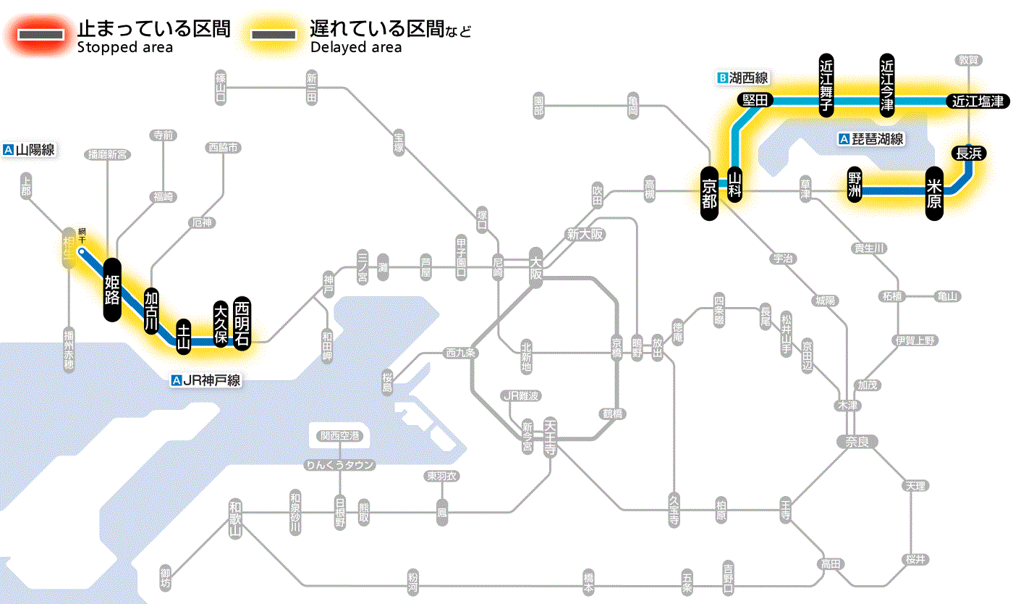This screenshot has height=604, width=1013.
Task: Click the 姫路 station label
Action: point(111,289)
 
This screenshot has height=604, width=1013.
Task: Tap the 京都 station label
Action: point(709,193)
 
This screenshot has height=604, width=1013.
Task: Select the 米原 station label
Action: point(934,193)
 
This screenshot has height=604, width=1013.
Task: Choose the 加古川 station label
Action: point(151,311)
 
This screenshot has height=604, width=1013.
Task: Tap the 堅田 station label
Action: point(755,100)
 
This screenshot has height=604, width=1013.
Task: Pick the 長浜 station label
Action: point(968,153)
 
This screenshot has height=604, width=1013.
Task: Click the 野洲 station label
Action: point(855,184)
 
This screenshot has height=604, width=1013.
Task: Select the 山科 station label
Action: point(734,185)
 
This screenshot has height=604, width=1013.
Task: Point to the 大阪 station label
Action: point(535,267)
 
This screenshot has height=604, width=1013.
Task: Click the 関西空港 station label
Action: point(339,436)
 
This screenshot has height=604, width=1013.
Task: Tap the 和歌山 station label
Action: point(234,518)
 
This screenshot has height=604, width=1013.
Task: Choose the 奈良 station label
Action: point(856,440)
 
